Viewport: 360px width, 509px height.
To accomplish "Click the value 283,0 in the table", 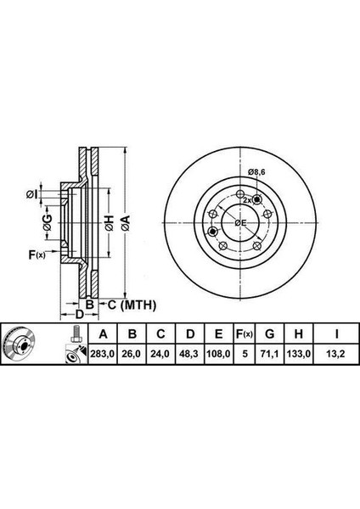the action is (x=103, y=354).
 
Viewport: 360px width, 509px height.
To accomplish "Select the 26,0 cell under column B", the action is (x=132, y=354).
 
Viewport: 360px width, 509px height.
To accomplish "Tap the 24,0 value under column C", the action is (x=160, y=354).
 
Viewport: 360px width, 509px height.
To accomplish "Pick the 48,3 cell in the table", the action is (x=189, y=354).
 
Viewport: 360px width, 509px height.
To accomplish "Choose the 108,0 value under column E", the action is (x=218, y=354).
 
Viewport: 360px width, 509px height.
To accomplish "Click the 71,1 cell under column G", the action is (x=270, y=354).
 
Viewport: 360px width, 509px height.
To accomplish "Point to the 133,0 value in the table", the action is (x=299, y=354).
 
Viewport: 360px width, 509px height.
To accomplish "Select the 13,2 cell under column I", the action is (x=336, y=354).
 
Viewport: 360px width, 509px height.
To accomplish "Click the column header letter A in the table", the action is (x=103, y=333).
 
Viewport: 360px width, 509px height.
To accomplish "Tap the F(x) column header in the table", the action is (x=244, y=333).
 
